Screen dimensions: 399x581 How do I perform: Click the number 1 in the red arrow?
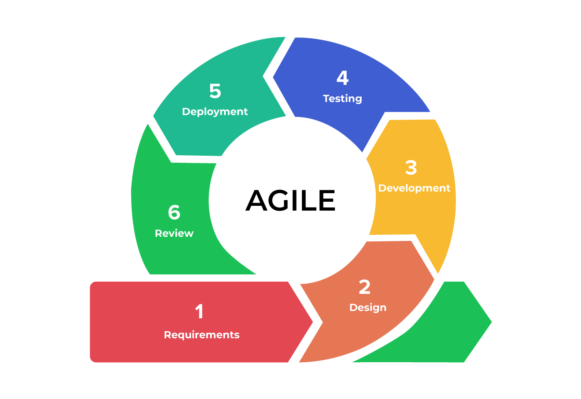click(x=199, y=312)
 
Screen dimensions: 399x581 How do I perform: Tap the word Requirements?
click(x=202, y=335)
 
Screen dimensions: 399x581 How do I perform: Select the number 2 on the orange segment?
click(x=365, y=287)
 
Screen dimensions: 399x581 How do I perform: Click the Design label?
click(x=368, y=307)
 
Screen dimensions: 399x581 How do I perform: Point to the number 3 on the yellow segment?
click(x=411, y=168)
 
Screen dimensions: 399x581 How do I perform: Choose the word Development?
click(x=414, y=188)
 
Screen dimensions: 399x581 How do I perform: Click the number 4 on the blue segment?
click(x=343, y=78)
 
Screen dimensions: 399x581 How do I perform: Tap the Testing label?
click(x=342, y=99)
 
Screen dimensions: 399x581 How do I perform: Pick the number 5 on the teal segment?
click(x=215, y=91)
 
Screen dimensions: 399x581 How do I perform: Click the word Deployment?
click(x=215, y=112)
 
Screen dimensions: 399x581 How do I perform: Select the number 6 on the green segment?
click(x=174, y=212)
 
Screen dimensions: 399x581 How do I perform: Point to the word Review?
click(x=174, y=233)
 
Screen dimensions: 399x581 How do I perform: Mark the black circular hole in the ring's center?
click(x=292, y=200)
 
